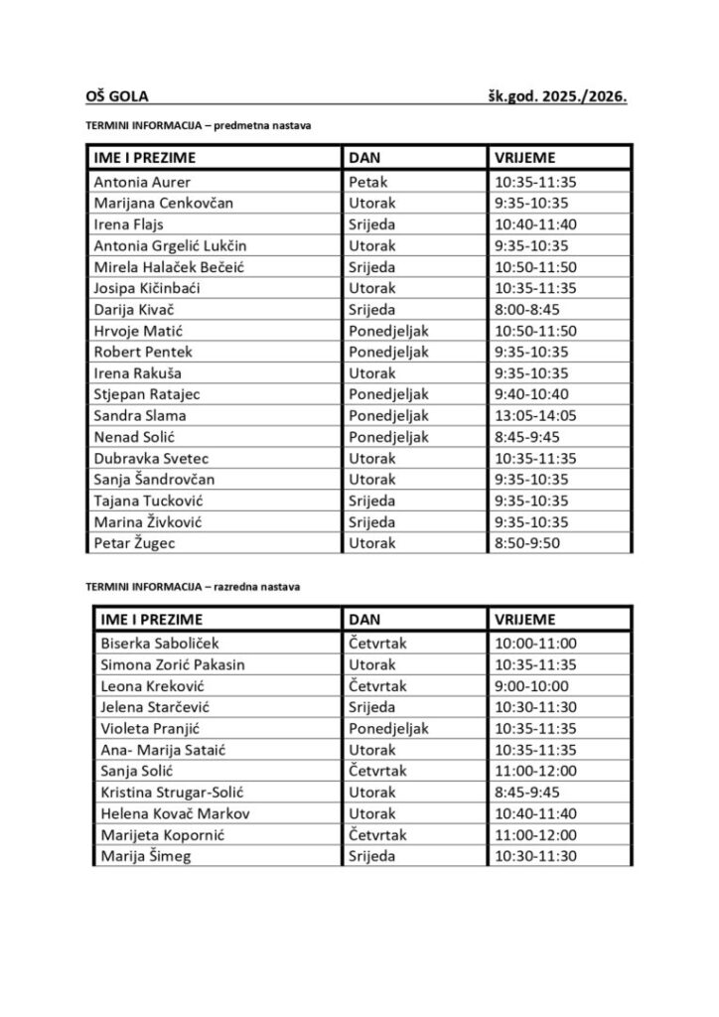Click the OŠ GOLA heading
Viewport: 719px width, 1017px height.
pyautogui.click(x=117, y=97)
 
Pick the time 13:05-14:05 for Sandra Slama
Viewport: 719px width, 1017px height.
pyautogui.click(x=534, y=415)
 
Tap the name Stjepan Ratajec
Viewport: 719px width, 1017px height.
pyautogui.click(x=145, y=394)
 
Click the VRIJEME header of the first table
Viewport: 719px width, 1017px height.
pyautogui.click(x=523, y=157)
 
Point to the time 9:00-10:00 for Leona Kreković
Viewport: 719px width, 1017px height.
pyautogui.click(x=530, y=685)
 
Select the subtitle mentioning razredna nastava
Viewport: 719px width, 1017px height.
pyautogui.click(x=193, y=587)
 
